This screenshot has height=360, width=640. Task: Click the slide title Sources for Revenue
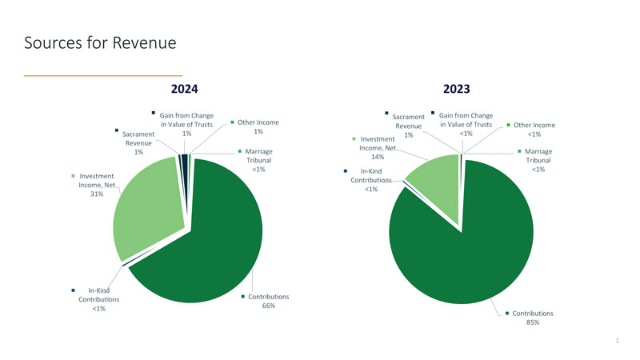pos(100,42)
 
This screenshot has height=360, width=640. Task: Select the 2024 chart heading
pos(185,89)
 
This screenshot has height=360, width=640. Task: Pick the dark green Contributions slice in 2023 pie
pos(464,240)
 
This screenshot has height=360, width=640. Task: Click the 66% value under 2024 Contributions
pos(269,306)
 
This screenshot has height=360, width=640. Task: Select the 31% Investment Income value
pos(96,194)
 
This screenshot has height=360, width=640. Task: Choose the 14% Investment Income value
pos(378,157)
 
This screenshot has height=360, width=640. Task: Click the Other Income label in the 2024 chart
pos(258,122)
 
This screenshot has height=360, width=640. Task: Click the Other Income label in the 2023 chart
pos(534,125)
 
